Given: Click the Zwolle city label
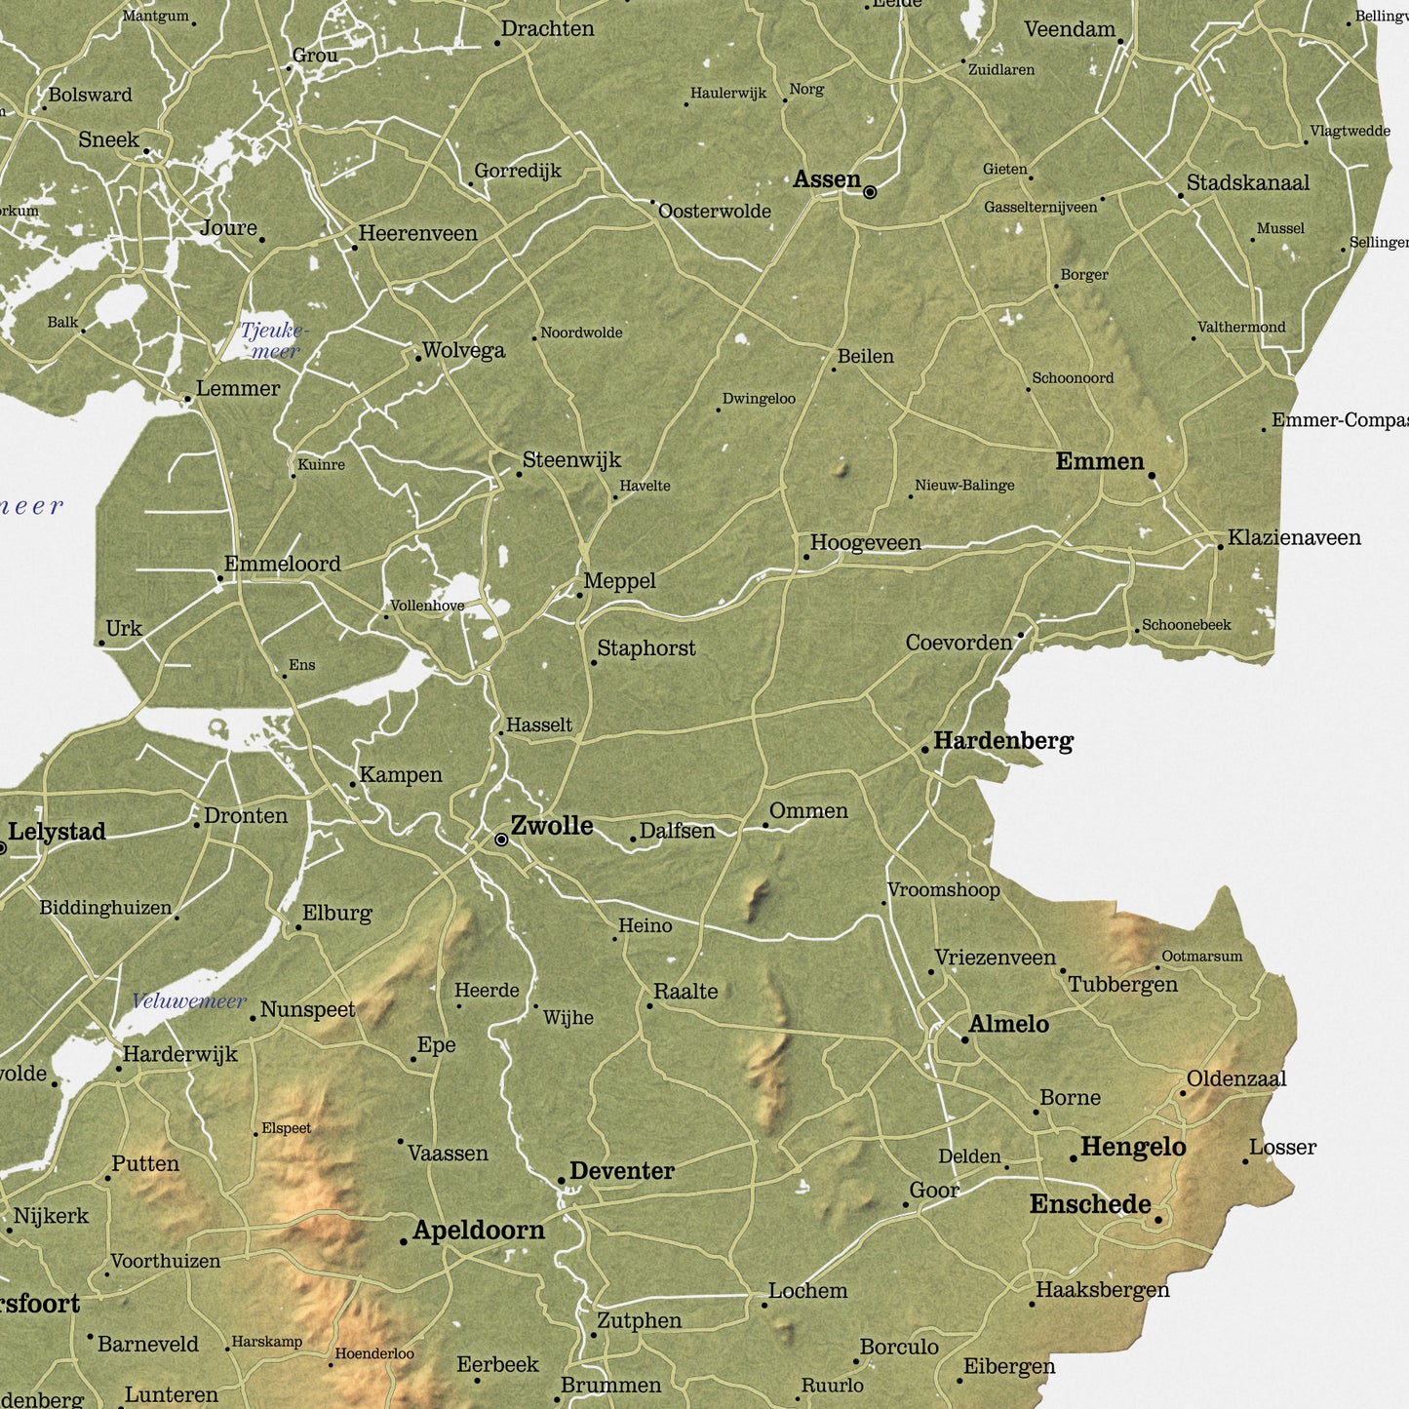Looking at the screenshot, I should (x=552, y=826).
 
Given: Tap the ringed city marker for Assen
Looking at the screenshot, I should (x=870, y=192).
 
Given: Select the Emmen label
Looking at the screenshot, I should (x=1100, y=461).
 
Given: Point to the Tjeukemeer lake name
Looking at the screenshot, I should (x=274, y=341).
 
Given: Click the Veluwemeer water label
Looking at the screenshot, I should (x=189, y=1001).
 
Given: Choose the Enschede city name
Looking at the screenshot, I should (x=1090, y=1204).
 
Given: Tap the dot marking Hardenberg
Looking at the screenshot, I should (x=925, y=750).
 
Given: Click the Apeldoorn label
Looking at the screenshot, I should (x=478, y=1231).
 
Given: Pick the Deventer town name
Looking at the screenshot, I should (x=621, y=1171).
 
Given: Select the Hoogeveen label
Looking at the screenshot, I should (x=865, y=543).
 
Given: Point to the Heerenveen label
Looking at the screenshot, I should (x=417, y=233).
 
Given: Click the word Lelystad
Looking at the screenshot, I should (x=57, y=832).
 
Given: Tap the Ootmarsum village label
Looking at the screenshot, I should (x=1201, y=957).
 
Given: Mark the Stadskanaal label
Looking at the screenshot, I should (x=1247, y=183).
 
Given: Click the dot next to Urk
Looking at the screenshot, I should (x=101, y=643).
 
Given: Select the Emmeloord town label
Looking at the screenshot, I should (x=282, y=564).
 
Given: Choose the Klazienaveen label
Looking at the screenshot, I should (x=1294, y=537).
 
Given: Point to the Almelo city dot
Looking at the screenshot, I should (x=965, y=1039).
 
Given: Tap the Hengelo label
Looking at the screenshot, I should (x=1133, y=1147).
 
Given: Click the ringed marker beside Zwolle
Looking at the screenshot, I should (x=501, y=840).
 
